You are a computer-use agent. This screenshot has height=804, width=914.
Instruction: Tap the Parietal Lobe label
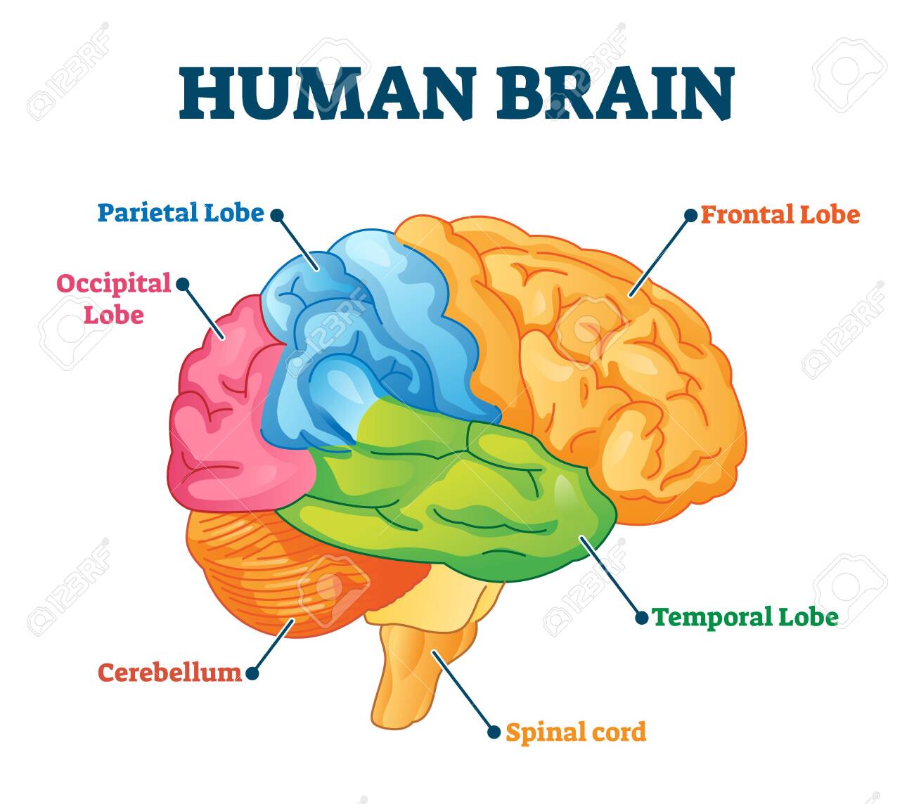[x=180, y=212]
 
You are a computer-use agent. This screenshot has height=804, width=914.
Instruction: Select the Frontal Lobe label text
[x=780, y=214]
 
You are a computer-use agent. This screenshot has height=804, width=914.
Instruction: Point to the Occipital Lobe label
[x=114, y=298]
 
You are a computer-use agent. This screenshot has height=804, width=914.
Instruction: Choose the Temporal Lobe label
[x=745, y=617]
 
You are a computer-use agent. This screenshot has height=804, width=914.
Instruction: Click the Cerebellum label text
[x=169, y=673]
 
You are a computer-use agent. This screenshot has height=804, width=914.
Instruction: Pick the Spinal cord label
[x=576, y=732]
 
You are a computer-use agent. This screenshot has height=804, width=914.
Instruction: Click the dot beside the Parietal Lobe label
[x=277, y=214]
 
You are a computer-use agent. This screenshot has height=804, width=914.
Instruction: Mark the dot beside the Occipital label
[x=182, y=284]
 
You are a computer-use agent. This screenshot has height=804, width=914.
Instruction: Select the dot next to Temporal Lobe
[x=641, y=618]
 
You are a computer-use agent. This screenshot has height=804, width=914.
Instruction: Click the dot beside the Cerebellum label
[x=252, y=673]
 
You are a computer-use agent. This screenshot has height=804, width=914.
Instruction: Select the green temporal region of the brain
[x=457, y=492]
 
